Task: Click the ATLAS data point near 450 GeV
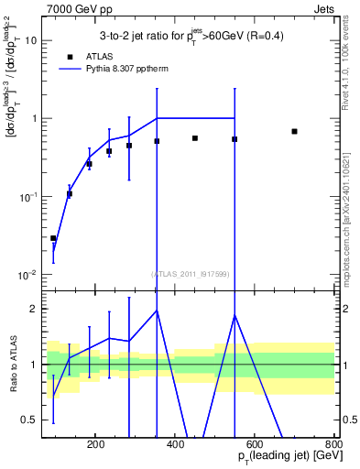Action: pos(195,138)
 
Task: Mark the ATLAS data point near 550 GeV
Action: pos(235,139)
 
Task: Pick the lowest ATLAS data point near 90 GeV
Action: pos(53,238)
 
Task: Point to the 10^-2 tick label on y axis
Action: pos(27,275)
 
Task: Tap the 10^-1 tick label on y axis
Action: pos(27,197)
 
